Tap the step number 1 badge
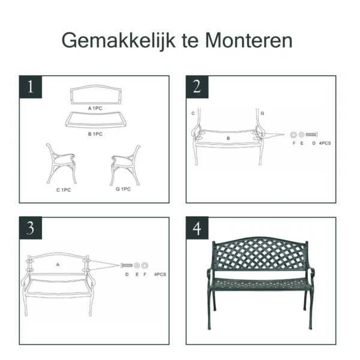(31, 87)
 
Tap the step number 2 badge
(197, 87)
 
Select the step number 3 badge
(31, 228)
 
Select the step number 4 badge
(197, 228)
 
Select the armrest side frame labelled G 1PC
(125, 164)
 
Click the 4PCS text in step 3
(160, 274)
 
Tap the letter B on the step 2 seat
(228, 139)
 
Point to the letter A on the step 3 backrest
(58, 264)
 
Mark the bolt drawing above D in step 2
(312, 135)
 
